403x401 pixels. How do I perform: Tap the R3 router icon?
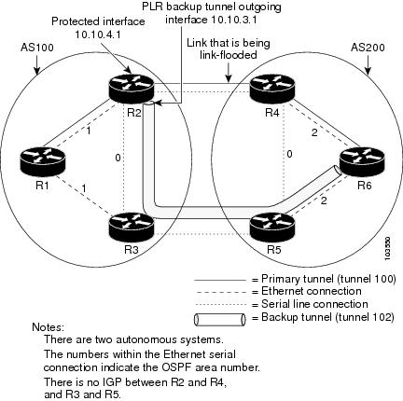pyautogui.click(x=132, y=227)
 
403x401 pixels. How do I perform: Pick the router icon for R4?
pyautogui.click(x=272, y=89)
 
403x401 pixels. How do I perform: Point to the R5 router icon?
pyautogui.click(x=272, y=227)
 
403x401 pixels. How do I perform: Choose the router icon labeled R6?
pyautogui.click(x=362, y=161)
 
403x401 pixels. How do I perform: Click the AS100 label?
pyautogui.click(x=37, y=48)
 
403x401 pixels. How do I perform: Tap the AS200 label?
pyautogui.click(x=368, y=48)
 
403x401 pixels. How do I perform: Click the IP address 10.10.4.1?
pyautogui.click(x=98, y=35)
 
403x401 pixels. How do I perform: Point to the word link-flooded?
pyautogui.click(x=229, y=55)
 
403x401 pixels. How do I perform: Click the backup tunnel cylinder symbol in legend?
pyautogui.click(x=220, y=320)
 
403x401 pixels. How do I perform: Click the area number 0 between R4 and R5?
pyautogui.click(x=289, y=154)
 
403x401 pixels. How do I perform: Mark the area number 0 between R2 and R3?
pyautogui.click(x=118, y=158)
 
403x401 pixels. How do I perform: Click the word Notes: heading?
pyautogui.click(x=49, y=327)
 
